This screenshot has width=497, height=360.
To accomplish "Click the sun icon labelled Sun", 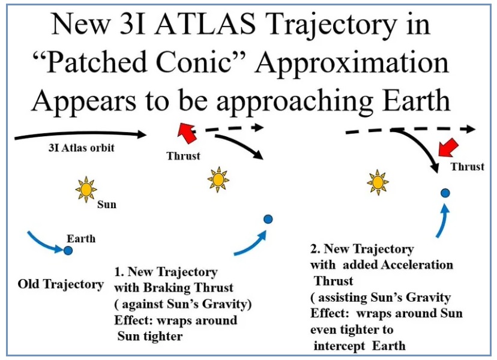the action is coord(86,190).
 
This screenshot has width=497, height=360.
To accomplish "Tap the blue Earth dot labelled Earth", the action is coord(68,250).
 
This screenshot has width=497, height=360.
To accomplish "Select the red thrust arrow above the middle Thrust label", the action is coord(187,133).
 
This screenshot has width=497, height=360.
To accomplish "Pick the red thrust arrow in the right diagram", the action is coord(448,148).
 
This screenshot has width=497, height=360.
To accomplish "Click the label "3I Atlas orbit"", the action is coord(81,148).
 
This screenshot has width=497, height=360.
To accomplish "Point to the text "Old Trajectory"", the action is coord(61,284).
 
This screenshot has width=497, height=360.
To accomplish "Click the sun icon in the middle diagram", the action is coord(218,179).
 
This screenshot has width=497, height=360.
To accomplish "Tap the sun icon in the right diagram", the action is coord(378,182).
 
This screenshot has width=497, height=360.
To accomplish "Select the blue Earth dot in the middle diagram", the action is coord(268,219).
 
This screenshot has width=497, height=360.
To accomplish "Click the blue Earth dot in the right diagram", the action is coord(445,193).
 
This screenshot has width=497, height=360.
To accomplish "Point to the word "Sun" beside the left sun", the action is coord(107,205).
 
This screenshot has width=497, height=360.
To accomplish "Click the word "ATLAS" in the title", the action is coord(205,24).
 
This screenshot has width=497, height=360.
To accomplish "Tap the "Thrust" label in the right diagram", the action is coord(468,167).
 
